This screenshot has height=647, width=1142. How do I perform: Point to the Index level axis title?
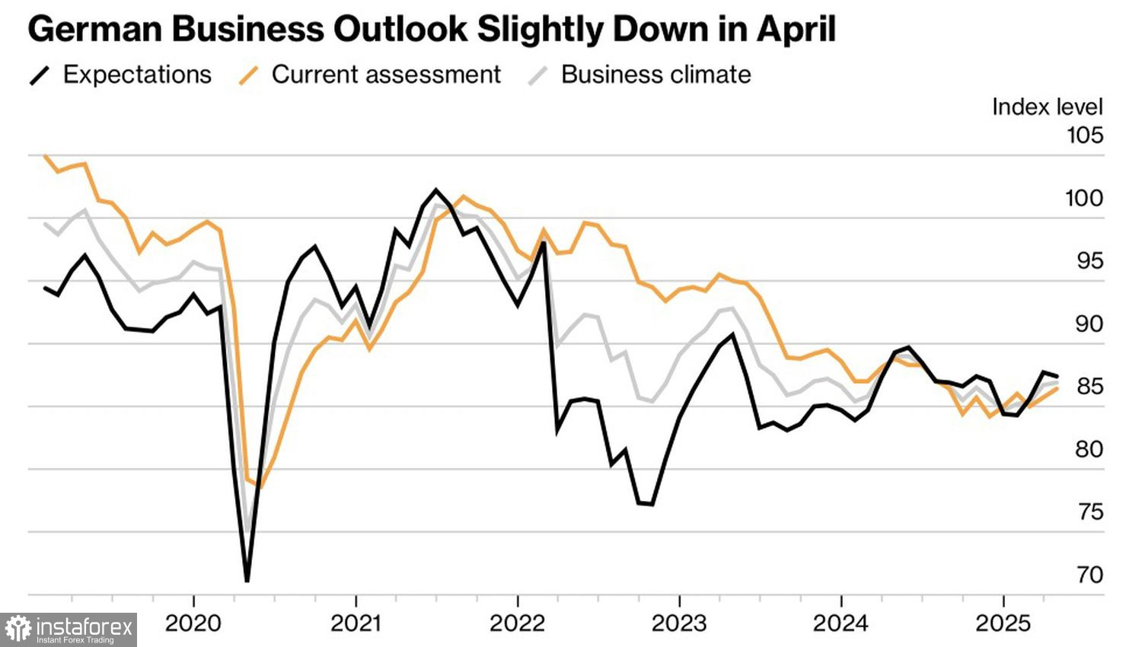click(1047, 107)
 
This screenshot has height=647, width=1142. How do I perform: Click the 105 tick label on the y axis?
click(1084, 135)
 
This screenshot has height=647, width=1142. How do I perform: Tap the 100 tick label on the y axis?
click(1084, 199)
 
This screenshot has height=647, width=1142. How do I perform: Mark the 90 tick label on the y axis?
click(1089, 324)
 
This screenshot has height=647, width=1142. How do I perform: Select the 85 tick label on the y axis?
click(1089, 387)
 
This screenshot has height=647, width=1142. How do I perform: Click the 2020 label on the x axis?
click(193, 624)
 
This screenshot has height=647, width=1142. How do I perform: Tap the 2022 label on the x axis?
click(517, 624)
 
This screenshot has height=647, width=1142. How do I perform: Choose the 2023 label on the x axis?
click(679, 624)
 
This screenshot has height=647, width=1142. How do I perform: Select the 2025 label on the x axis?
click(1003, 624)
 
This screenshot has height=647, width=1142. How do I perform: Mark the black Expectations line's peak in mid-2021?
click(435, 190)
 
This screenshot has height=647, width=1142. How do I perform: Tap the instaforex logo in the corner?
click(69, 629)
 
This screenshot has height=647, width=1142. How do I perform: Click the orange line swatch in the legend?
click(249, 75)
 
